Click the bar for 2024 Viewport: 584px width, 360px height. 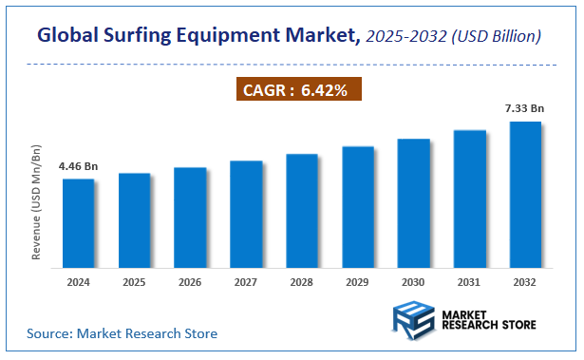[x=78, y=224]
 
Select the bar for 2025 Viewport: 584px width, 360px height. [x=134, y=221]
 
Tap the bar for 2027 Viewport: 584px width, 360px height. [x=246, y=215]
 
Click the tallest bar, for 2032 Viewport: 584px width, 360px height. [x=525, y=195]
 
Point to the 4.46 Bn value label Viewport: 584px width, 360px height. [x=78, y=166]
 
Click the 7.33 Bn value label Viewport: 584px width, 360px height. [x=525, y=109]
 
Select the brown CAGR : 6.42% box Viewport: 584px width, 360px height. [x=298, y=90]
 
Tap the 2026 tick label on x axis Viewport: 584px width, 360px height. [x=190, y=282]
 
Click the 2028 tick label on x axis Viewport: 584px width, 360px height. [x=302, y=282]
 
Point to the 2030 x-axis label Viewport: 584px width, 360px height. [x=413, y=282]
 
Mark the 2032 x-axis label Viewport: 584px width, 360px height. [x=525, y=282]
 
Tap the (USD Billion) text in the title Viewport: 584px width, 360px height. [x=496, y=36]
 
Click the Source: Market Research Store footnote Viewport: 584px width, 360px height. [x=122, y=333]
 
